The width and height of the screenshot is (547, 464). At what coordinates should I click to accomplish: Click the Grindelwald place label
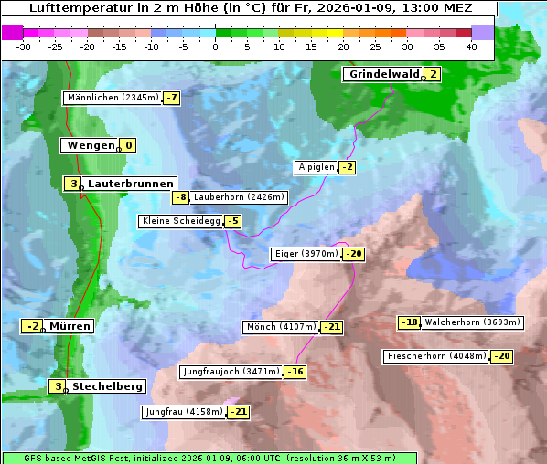pos(382,74)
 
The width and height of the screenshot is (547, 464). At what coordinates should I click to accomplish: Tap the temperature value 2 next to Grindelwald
pos(433,74)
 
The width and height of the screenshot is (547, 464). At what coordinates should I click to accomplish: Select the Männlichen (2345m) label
pos(113,98)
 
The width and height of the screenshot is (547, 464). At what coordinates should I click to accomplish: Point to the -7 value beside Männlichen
pos(171,98)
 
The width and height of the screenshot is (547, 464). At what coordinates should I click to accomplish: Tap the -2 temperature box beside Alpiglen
pos(347,167)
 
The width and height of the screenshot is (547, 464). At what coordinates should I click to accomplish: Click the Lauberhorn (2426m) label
pos(240,197)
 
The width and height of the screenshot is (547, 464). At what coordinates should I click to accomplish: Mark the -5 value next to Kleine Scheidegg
pos(233,221)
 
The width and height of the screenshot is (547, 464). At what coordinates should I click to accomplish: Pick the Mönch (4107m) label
pos(281,327)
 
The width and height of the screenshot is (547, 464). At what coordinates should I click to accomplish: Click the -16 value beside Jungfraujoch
pos(295,372)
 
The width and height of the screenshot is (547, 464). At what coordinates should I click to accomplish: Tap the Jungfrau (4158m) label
pos(183,412)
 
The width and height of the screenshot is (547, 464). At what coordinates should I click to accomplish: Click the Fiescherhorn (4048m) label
pos(436,356)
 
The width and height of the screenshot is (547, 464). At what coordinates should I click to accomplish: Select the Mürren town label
pos(70,326)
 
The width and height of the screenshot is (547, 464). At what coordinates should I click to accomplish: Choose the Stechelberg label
pos(107,386)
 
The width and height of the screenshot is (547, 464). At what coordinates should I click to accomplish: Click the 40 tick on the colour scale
pos(471,47)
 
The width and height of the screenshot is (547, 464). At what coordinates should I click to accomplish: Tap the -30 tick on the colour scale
pos(24,47)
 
